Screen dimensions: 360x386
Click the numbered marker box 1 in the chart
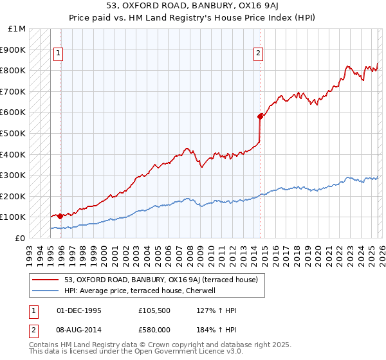pyautogui.click(x=59, y=54)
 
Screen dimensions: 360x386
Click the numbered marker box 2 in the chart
pyautogui.click(x=258, y=54)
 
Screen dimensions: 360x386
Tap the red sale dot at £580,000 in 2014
pyautogui.click(x=260, y=116)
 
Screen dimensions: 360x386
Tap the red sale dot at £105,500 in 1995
pyautogui.click(x=60, y=216)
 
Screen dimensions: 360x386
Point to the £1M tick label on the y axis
pyautogui.click(x=17, y=29)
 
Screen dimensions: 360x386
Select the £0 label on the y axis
pyautogui.click(x=19, y=238)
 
